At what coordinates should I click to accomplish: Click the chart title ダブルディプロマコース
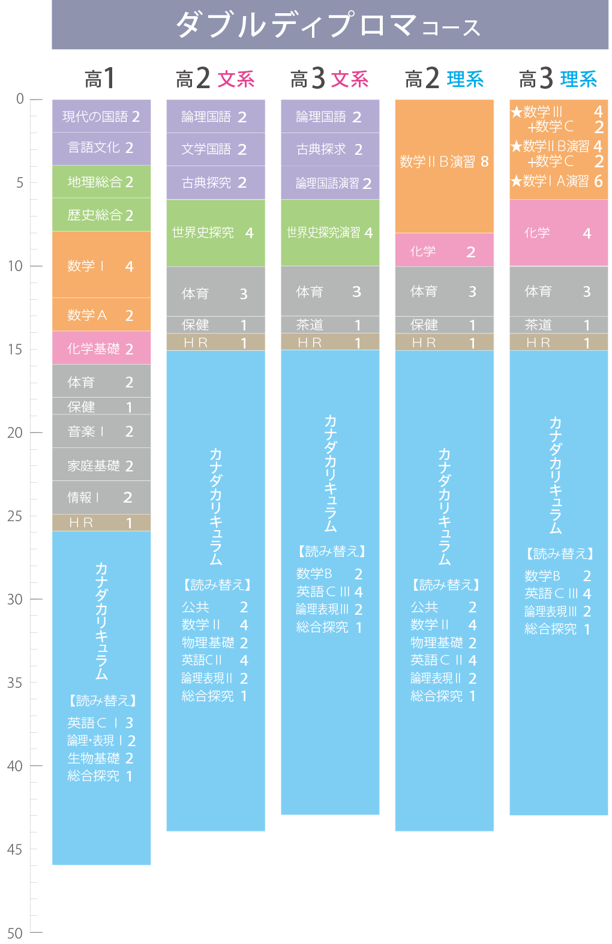coord(328,25)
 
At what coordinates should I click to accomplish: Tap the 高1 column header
coord(100,79)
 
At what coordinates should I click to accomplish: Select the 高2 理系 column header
coord(444,79)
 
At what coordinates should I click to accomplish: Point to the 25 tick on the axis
coord(36,516)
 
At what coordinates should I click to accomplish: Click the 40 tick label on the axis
coord(15,766)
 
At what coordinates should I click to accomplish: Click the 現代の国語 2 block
coord(101,116)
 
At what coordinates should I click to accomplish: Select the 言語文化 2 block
coord(101,149)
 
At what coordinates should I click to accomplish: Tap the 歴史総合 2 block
coord(101,215)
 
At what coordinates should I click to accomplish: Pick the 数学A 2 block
coord(101,314)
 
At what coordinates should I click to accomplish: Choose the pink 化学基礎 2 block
coord(101,348)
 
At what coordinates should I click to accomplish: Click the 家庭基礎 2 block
coord(101,464)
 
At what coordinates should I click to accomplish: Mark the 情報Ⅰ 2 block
coord(101,498)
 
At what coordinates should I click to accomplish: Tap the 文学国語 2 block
coord(216,149)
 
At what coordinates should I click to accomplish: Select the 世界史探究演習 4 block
coord(330,233)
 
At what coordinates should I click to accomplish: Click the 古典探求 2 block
coord(330,149)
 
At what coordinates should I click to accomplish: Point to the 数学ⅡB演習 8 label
coord(444,161)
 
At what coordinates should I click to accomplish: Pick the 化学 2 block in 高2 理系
coord(444,250)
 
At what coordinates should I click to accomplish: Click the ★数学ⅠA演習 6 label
coord(557,181)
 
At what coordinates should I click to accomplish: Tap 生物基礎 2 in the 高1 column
coord(100,758)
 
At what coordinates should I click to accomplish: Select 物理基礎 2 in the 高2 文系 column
coord(215,643)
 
